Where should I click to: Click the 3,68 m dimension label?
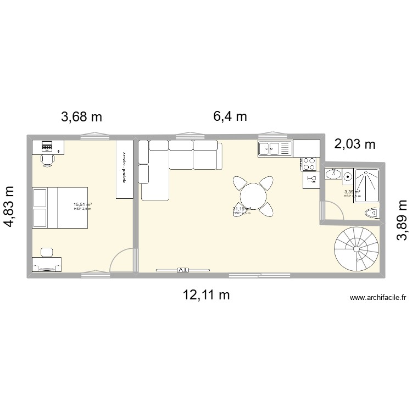click(x=81, y=116)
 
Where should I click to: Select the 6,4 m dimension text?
click(x=230, y=116)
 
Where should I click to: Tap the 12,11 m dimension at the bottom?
click(x=206, y=295)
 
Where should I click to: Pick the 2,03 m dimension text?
click(x=355, y=144)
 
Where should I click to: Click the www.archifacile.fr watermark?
click(x=377, y=298)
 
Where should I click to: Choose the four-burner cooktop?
click(x=309, y=163)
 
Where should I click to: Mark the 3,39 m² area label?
click(x=352, y=192)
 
